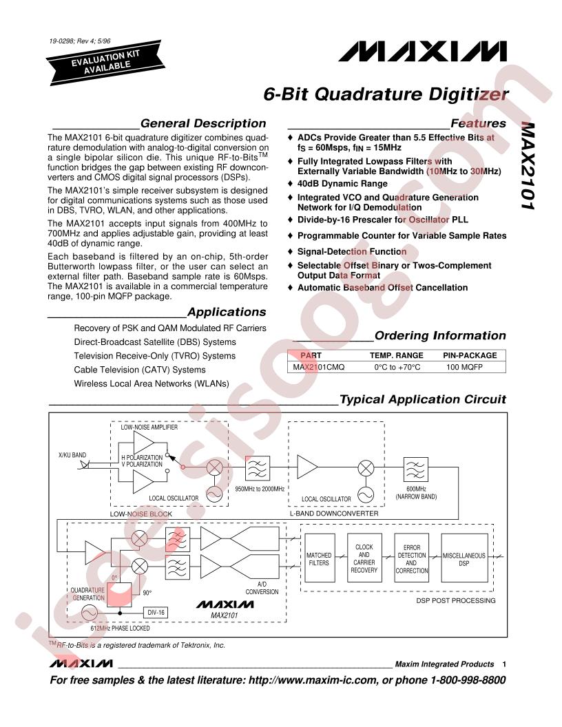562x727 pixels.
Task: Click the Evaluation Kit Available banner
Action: pos(105,62)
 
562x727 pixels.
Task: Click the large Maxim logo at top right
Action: pos(422,52)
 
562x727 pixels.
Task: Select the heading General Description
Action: pos(203,123)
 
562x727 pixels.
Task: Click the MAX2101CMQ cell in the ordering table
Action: pos(319,367)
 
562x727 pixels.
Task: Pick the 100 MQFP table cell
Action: pos(464,367)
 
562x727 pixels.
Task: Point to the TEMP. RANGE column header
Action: pos(397,356)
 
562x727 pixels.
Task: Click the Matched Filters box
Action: pos(320,558)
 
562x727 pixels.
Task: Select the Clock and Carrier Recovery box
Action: pos(364,558)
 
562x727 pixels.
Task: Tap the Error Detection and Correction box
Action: pos(412,558)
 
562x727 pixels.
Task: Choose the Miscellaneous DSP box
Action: pos(464,558)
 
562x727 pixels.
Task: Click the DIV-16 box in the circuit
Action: pos(156,613)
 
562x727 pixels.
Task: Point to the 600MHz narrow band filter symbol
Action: pos(415,470)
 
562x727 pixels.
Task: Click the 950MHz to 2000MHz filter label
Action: pos(260,489)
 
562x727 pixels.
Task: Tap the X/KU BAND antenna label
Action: pos(72,455)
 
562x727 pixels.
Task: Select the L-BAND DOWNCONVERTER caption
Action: pos(334,514)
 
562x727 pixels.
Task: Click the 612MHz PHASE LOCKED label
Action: pos(120,629)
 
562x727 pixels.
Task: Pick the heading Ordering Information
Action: pos(440,335)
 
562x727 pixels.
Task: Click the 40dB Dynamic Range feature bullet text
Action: pos(342,184)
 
